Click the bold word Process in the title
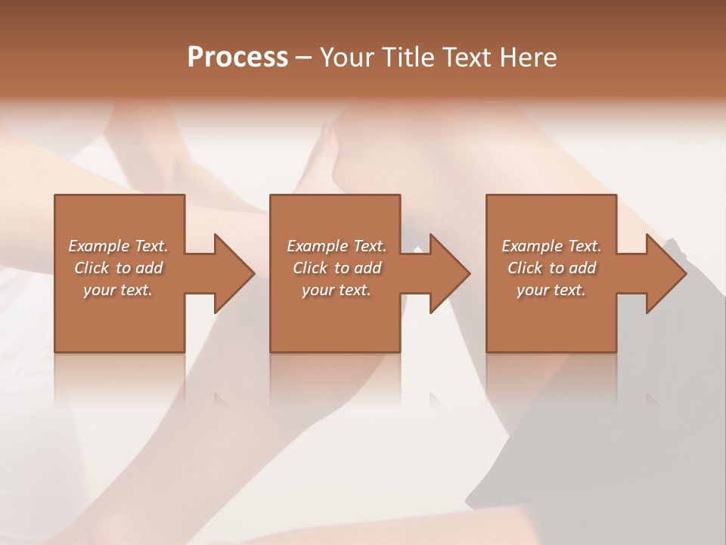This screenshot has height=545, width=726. pyautogui.click(x=237, y=58)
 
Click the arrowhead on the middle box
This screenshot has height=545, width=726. pyautogui.click(x=449, y=273)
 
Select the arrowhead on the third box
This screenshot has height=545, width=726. pyautogui.click(x=665, y=273)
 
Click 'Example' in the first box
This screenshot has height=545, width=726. pyautogui.click(x=99, y=246)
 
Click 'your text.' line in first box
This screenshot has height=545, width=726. pyautogui.click(x=118, y=290)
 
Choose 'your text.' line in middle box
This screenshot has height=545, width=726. pyautogui.click(x=336, y=290)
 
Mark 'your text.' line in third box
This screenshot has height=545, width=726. pyautogui.click(x=551, y=290)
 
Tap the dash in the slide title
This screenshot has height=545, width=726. pyautogui.click(x=304, y=58)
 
